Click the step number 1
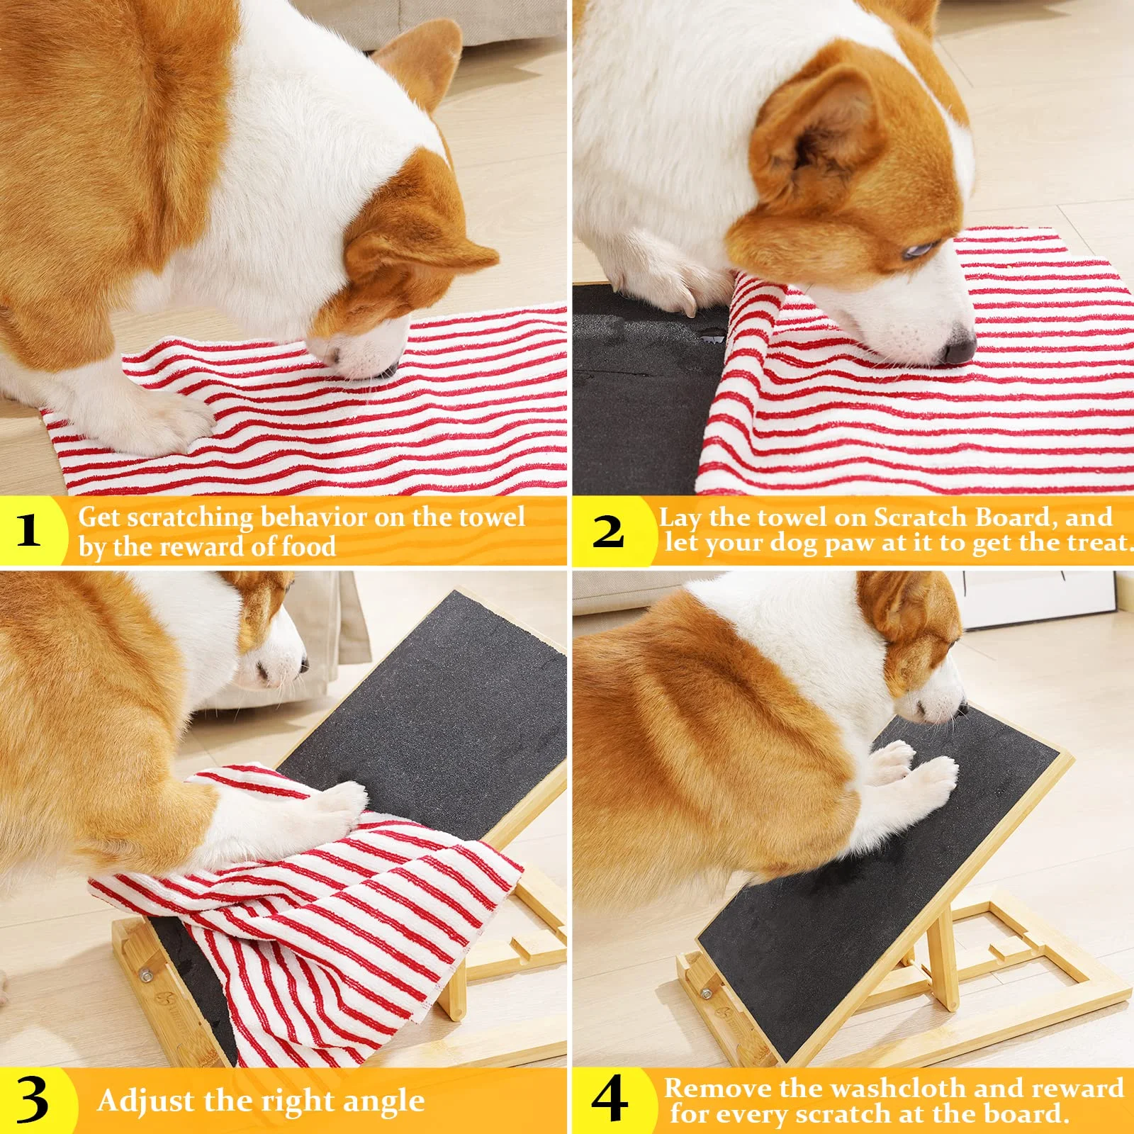point(28,529)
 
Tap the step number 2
point(608,531)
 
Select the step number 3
point(32,1101)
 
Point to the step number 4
point(610,1099)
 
